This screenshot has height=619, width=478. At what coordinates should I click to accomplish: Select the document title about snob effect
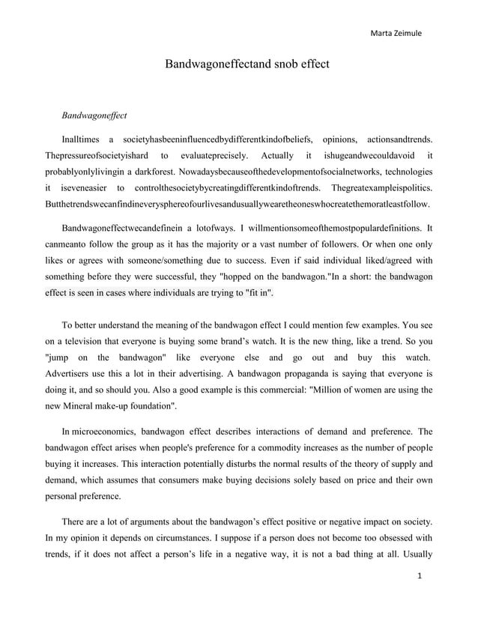click(x=246, y=64)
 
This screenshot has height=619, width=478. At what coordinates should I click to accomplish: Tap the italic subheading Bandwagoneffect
click(x=94, y=116)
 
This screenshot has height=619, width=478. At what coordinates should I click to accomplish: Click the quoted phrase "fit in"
click(x=258, y=293)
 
